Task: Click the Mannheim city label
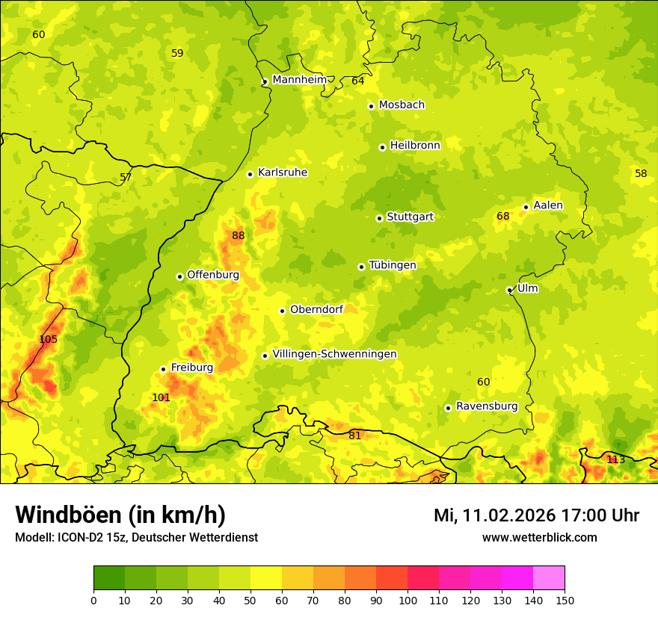click(x=300, y=79)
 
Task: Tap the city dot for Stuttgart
click(x=379, y=218)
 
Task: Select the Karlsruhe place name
click(x=283, y=173)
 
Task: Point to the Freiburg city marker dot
click(x=163, y=369)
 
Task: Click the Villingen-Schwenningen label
click(x=334, y=354)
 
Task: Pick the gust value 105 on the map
click(x=48, y=339)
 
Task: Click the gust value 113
click(x=615, y=459)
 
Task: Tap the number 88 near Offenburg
click(x=238, y=235)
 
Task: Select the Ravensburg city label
click(x=487, y=406)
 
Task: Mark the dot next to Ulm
click(x=509, y=290)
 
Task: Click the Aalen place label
click(x=548, y=205)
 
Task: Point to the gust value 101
click(x=161, y=397)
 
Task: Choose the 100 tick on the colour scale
click(x=408, y=600)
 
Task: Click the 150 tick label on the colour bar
click(x=565, y=600)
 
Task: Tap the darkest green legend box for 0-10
click(x=109, y=578)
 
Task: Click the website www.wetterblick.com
click(x=539, y=537)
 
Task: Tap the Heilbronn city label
click(x=415, y=146)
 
